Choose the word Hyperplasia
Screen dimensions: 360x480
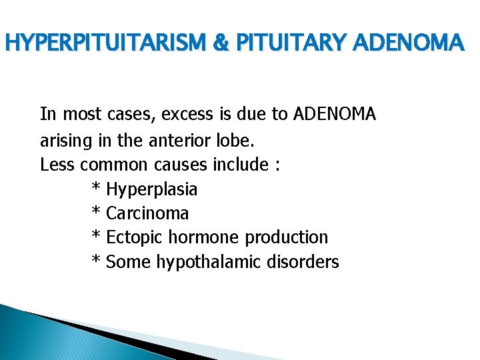coord(152,190)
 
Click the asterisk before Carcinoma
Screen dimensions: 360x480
coord(95,213)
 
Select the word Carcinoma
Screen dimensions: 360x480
coord(147,214)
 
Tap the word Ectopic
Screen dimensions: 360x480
coord(135,238)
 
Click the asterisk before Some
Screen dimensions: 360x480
coord(95,261)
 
